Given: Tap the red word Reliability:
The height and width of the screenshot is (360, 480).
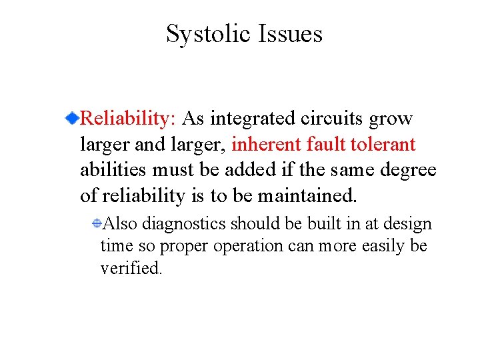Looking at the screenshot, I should (x=127, y=119).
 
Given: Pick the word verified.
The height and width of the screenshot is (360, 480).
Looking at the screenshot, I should (x=131, y=268).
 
